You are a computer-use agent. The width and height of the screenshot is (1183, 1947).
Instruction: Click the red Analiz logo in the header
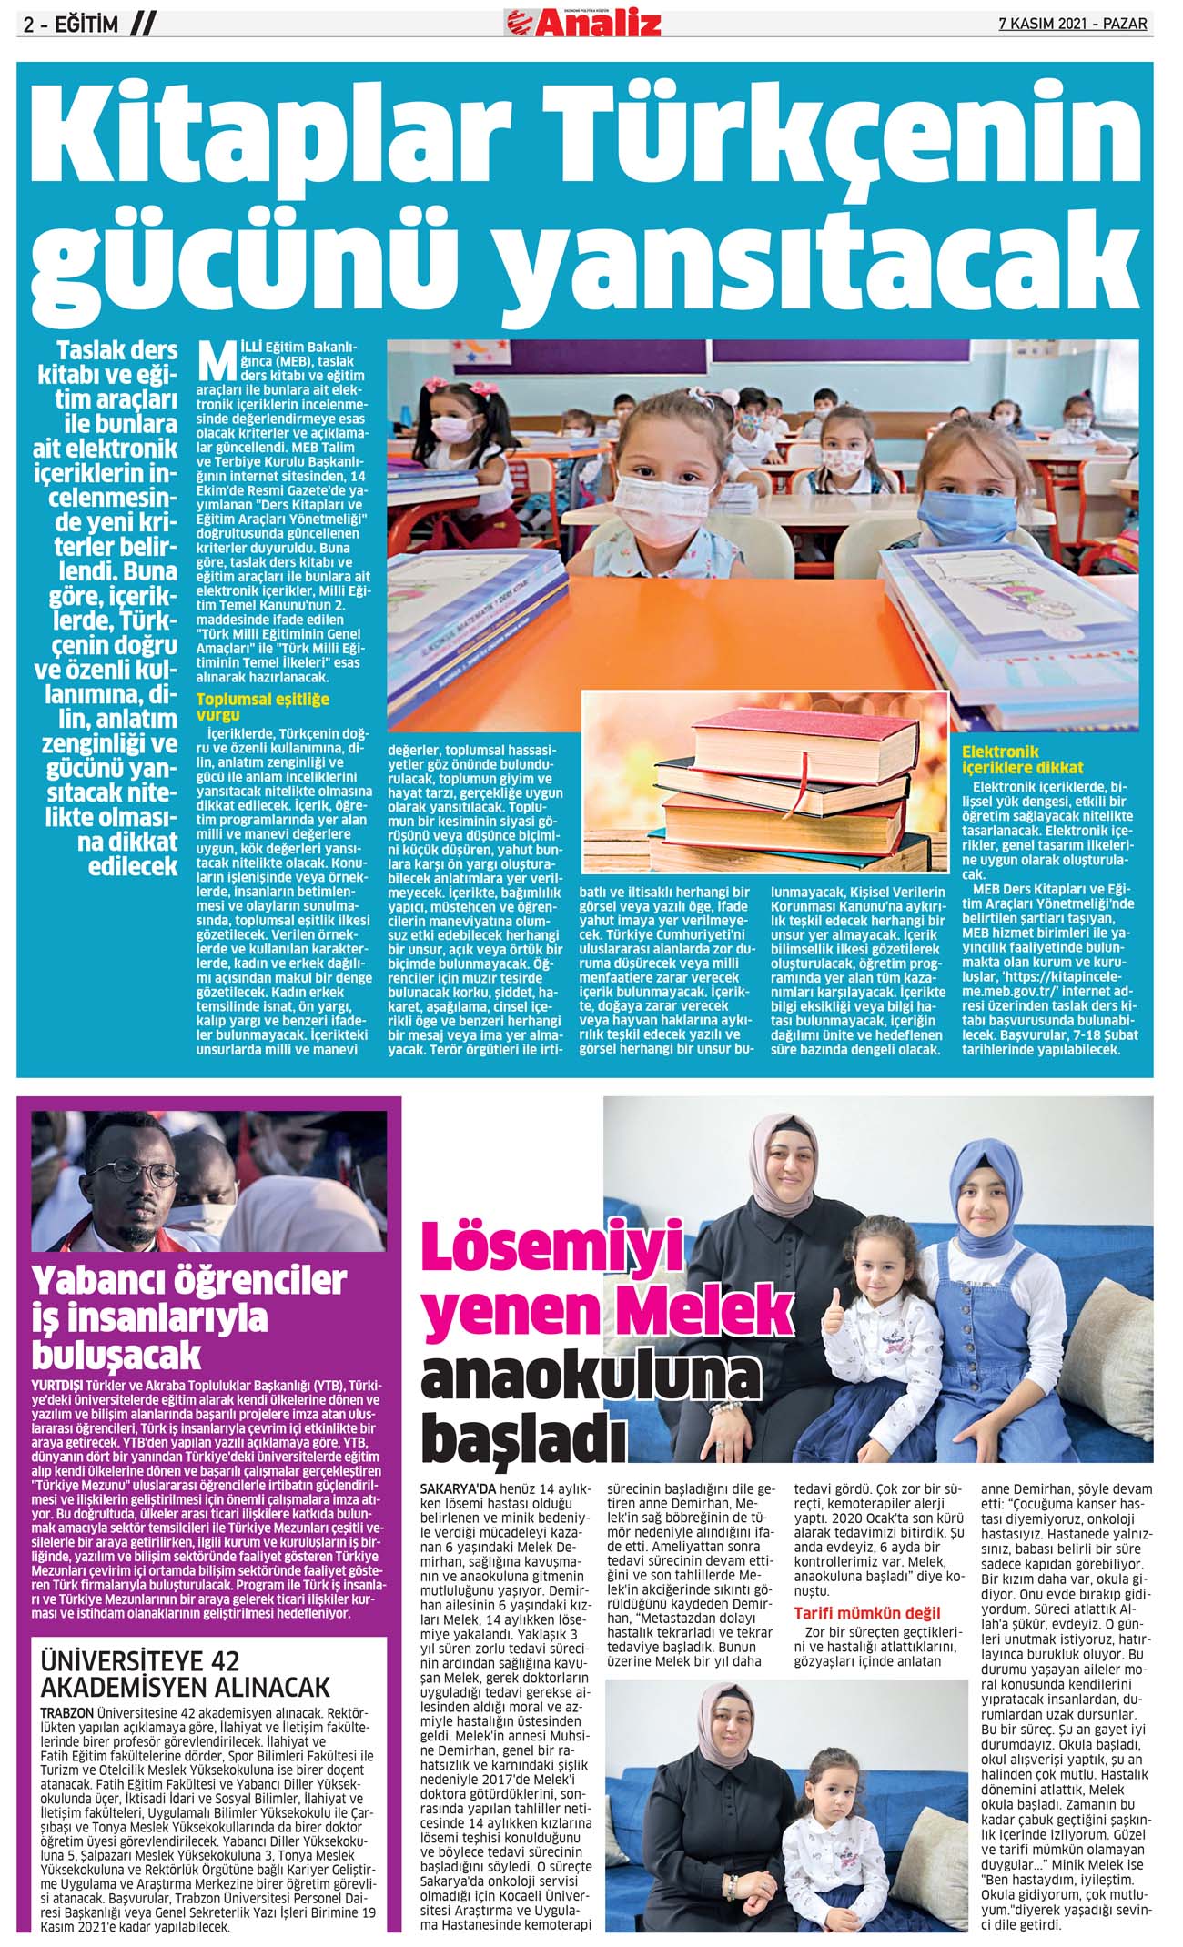[583, 23]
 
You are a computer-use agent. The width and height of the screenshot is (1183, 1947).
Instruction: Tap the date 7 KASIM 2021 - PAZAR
[1072, 24]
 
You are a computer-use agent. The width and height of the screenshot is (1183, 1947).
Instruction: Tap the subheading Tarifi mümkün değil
[866, 1613]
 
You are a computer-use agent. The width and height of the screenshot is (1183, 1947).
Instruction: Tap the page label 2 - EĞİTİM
[71, 25]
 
